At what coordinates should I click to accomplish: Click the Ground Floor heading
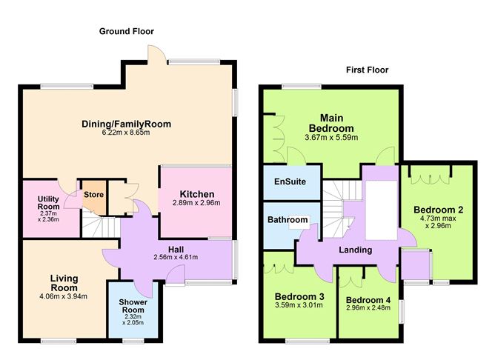click(127, 31)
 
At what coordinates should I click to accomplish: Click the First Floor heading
click(367, 70)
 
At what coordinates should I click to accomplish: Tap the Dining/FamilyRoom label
click(127, 124)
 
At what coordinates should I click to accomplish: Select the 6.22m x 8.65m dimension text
click(127, 133)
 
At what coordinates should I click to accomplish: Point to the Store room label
click(94, 195)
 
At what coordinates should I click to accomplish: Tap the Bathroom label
click(288, 220)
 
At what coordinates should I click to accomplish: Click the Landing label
click(355, 250)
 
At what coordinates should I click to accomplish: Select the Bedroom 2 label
click(439, 209)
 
